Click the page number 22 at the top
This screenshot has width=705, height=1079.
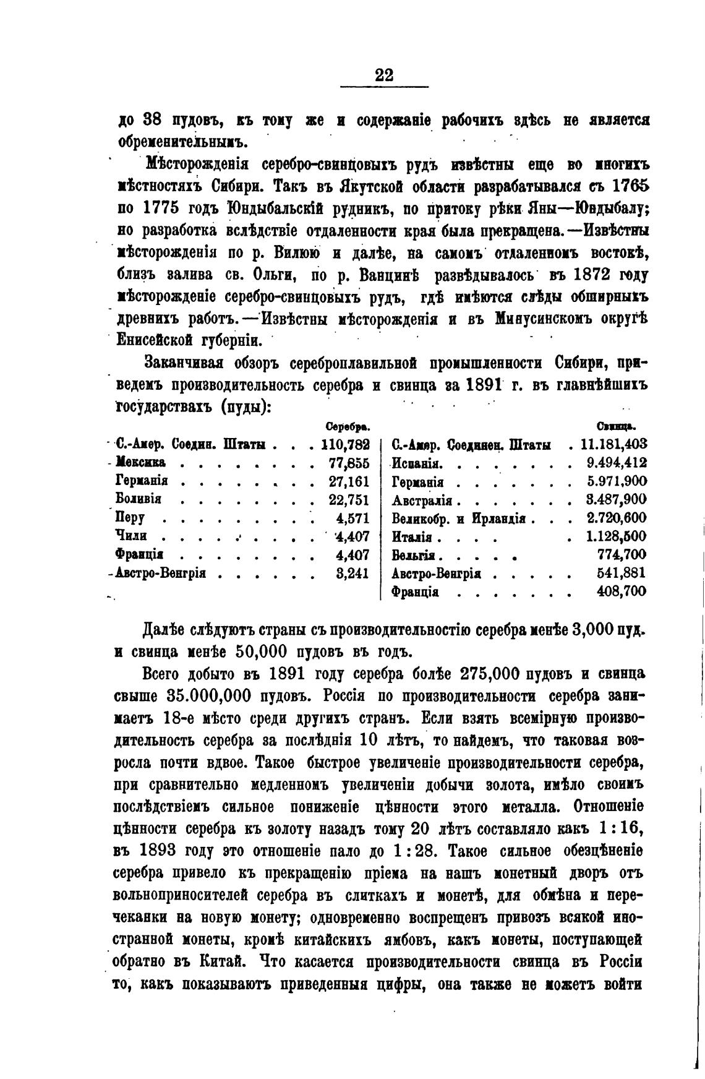pyautogui.click(x=384, y=75)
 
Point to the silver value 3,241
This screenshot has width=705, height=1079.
pyautogui.click(x=352, y=573)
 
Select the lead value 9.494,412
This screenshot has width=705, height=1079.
pyautogui.click(x=616, y=463)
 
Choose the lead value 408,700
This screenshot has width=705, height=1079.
pyautogui.click(x=622, y=591)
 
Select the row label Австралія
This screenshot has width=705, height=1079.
pyautogui.click(x=422, y=500)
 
